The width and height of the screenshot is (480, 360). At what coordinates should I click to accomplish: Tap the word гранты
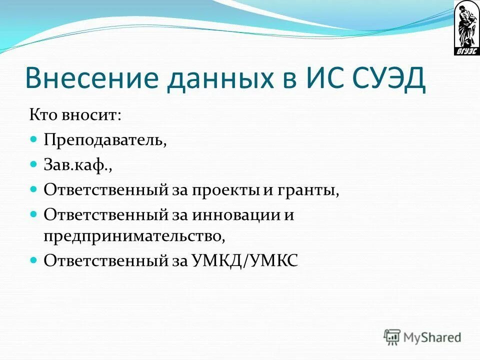coord(313,189)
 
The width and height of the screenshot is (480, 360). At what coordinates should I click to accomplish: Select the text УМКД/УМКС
coord(244,260)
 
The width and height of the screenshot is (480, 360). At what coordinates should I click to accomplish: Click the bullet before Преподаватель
coord(34,138)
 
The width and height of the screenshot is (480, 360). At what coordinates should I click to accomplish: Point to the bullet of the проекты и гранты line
coord(34,189)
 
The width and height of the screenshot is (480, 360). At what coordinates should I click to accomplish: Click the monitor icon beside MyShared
coord(392,337)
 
